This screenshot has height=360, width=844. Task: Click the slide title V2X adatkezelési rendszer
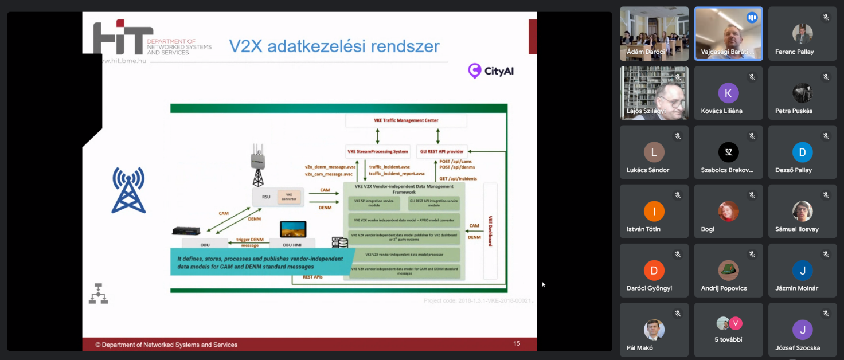(x=334, y=46)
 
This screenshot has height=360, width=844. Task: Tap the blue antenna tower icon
(x=128, y=190)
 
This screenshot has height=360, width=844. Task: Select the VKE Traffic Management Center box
(x=406, y=120)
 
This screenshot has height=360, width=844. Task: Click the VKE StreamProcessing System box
(x=378, y=152)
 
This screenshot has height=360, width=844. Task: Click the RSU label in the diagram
(x=266, y=197)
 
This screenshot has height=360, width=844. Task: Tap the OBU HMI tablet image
(x=293, y=229)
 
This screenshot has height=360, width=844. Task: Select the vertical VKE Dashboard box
(x=490, y=231)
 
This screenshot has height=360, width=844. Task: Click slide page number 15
(x=517, y=344)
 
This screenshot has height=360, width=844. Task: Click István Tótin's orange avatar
(x=654, y=212)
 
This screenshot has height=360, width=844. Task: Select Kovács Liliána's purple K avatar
(x=728, y=93)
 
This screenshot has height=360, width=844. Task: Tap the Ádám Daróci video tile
(x=654, y=33)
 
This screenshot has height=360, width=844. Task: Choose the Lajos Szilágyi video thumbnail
(x=654, y=93)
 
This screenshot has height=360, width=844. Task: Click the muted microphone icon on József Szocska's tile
(x=826, y=314)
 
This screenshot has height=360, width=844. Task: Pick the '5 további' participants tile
(x=728, y=330)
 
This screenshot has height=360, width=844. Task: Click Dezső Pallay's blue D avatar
(x=802, y=152)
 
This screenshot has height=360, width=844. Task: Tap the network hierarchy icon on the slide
(x=98, y=293)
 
